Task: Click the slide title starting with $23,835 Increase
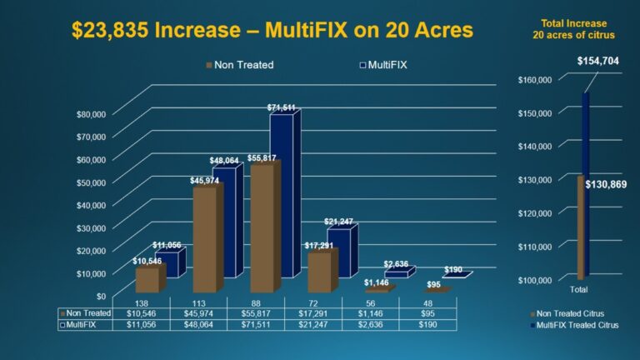(x=272, y=31)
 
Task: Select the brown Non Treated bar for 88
(x=263, y=225)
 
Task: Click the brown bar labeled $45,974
(x=206, y=237)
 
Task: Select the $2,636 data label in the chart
(x=396, y=264)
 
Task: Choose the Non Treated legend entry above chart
(x=239, y=64)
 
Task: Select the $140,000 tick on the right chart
(x=534, y=146)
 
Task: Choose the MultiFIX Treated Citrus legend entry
(x=577, y=324)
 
